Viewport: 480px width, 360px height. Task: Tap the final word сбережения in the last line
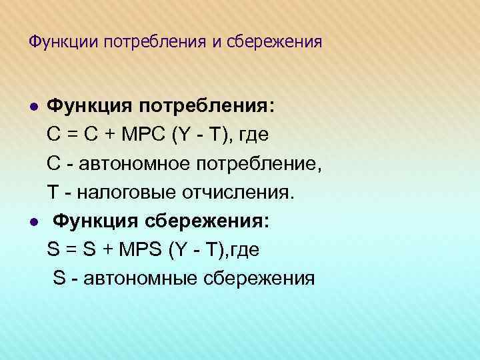tap(259, 278)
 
